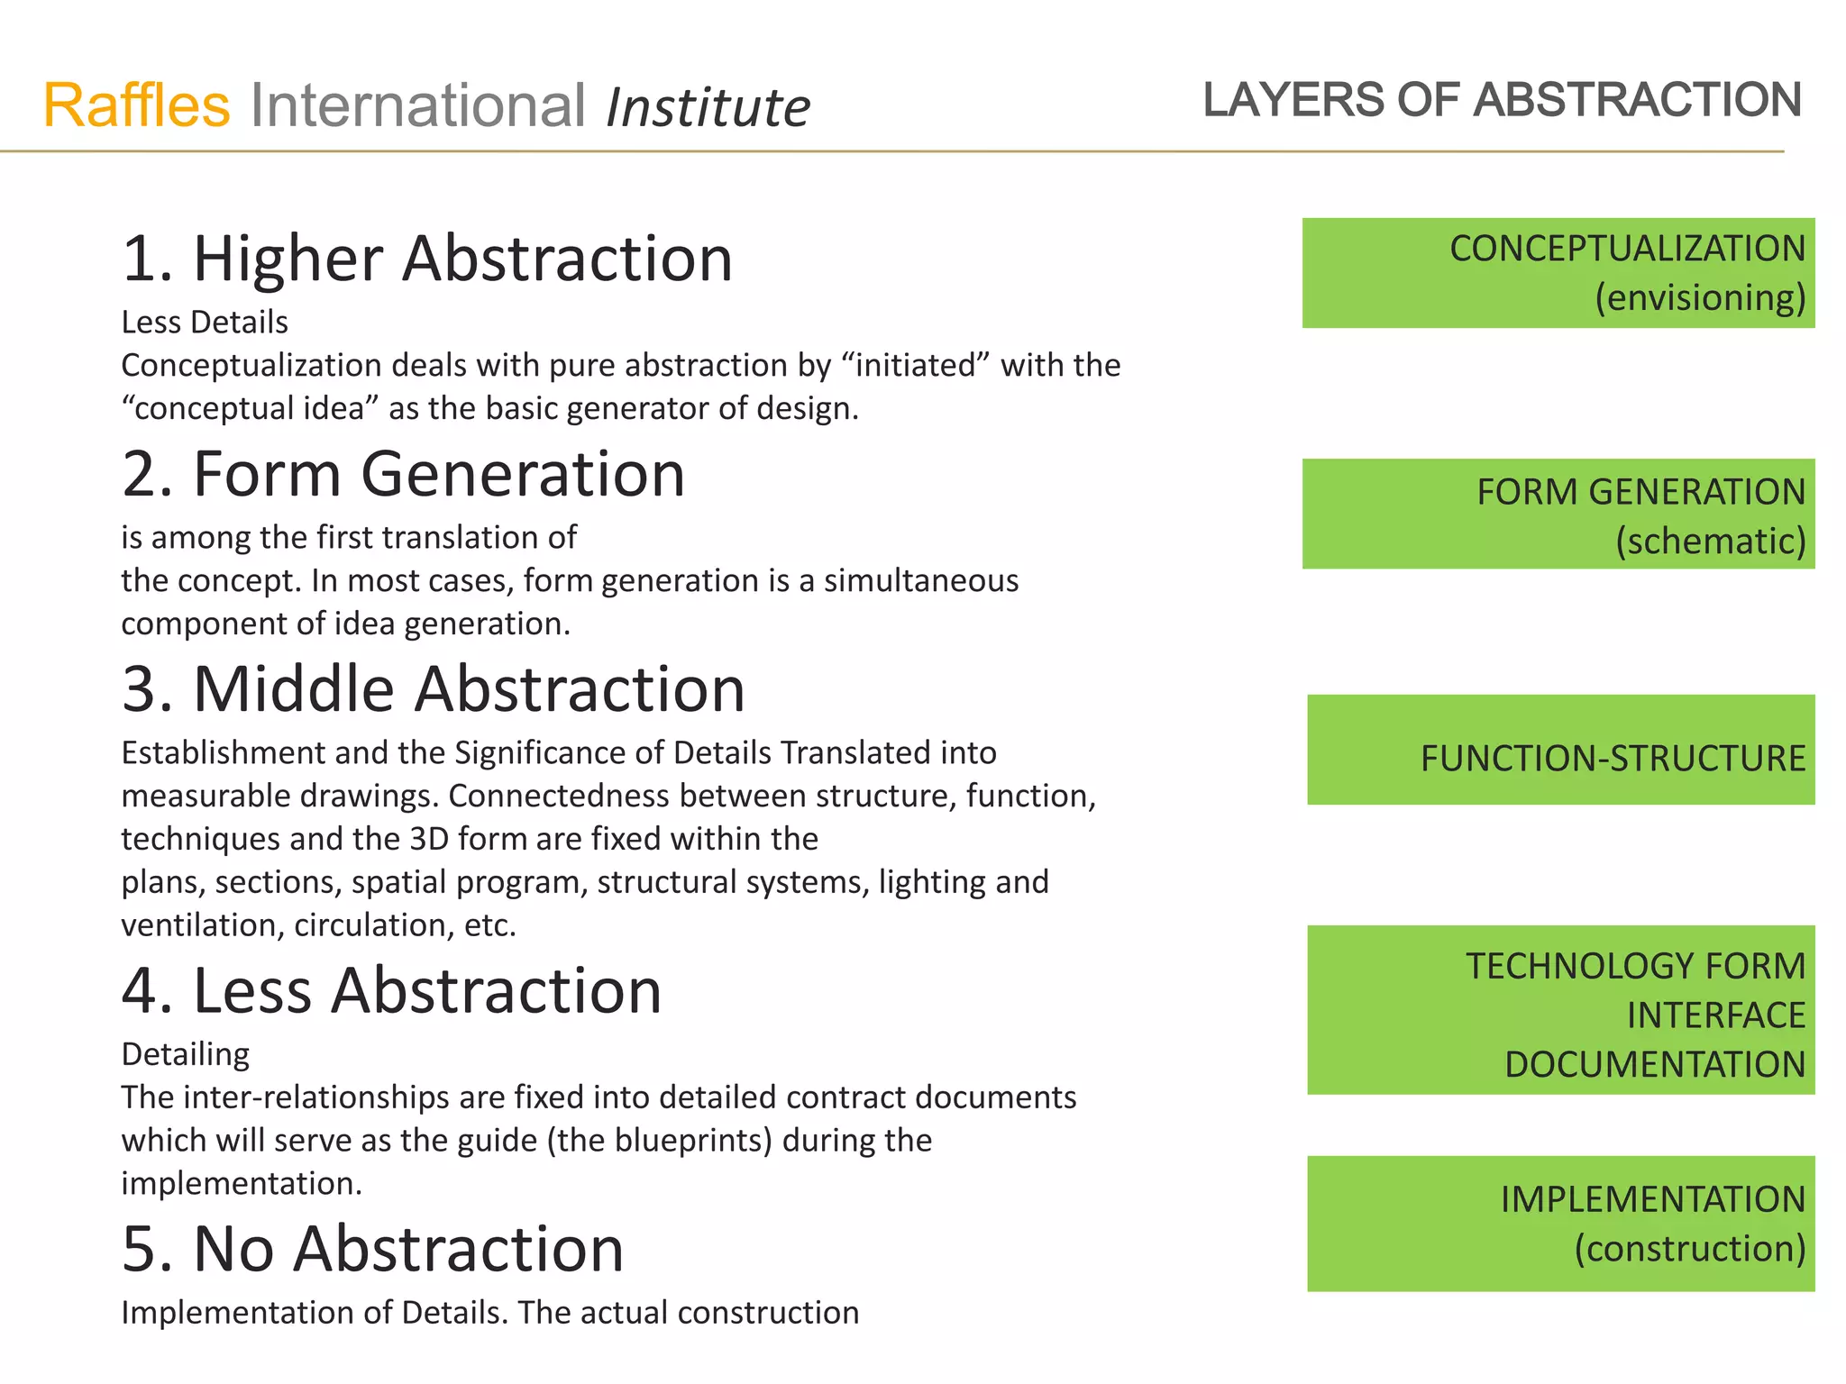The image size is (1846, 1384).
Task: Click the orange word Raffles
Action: pos(137,105)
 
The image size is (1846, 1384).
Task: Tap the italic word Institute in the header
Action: pos(708,107)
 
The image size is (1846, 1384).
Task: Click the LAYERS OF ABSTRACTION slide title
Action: pos(1502,99)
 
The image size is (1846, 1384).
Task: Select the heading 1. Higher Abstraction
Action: pos(427,259)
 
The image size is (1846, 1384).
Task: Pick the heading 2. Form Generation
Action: pos(403,474)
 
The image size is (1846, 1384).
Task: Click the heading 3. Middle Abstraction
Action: pos(433,689)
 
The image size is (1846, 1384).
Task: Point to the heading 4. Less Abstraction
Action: pos(391,990)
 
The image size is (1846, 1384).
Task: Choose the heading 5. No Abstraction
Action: pos(372,1249)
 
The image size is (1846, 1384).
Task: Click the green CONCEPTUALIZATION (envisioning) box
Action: pos(1558,273)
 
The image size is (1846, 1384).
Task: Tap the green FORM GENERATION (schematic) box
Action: pos(1558,514)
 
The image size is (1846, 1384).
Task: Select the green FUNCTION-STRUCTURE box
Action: pos(1560,750)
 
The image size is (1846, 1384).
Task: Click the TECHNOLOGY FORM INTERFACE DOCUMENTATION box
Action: pos(1560,1010)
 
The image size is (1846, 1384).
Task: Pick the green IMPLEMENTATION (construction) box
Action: pos(1560,1224)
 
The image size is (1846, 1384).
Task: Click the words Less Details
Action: pos(205,323)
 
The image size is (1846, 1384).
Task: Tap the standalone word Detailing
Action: pos(186,1054)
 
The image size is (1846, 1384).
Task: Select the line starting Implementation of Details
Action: pos(489,1313)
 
